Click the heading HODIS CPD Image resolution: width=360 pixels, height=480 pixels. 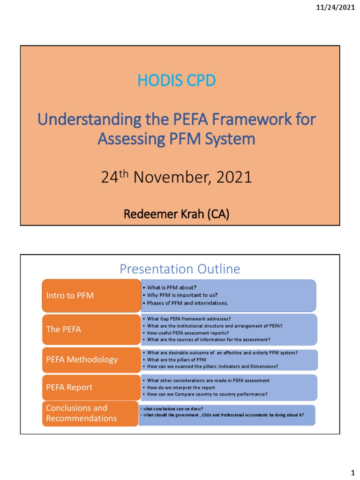coord(177,81)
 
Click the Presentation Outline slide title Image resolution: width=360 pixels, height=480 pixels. coord(180,269)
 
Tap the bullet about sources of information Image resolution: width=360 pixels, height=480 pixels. coord(209,339)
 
